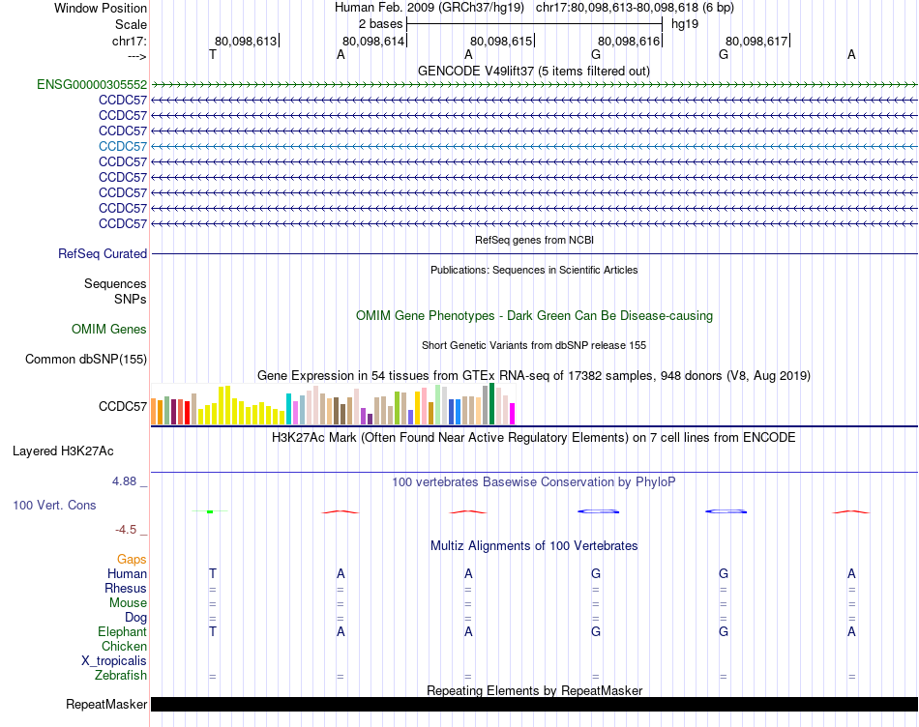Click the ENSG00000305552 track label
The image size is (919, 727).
92,84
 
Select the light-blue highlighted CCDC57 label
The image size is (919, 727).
123,146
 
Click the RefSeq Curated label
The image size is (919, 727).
103,253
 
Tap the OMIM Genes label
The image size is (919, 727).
109,330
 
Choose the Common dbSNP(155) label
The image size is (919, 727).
86,360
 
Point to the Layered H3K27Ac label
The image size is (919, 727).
63,451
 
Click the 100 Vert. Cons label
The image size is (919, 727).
54,505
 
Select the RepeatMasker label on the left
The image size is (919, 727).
106,704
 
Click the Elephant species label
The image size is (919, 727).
123,631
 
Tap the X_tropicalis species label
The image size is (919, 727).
114,660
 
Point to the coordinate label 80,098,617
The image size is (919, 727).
756,41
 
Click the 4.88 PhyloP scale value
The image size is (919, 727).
130,480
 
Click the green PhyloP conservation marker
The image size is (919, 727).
209,510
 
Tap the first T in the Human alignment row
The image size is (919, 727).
213,573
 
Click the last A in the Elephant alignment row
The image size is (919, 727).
851,631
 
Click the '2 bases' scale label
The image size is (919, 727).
380,23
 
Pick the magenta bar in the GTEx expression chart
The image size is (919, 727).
512,413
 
